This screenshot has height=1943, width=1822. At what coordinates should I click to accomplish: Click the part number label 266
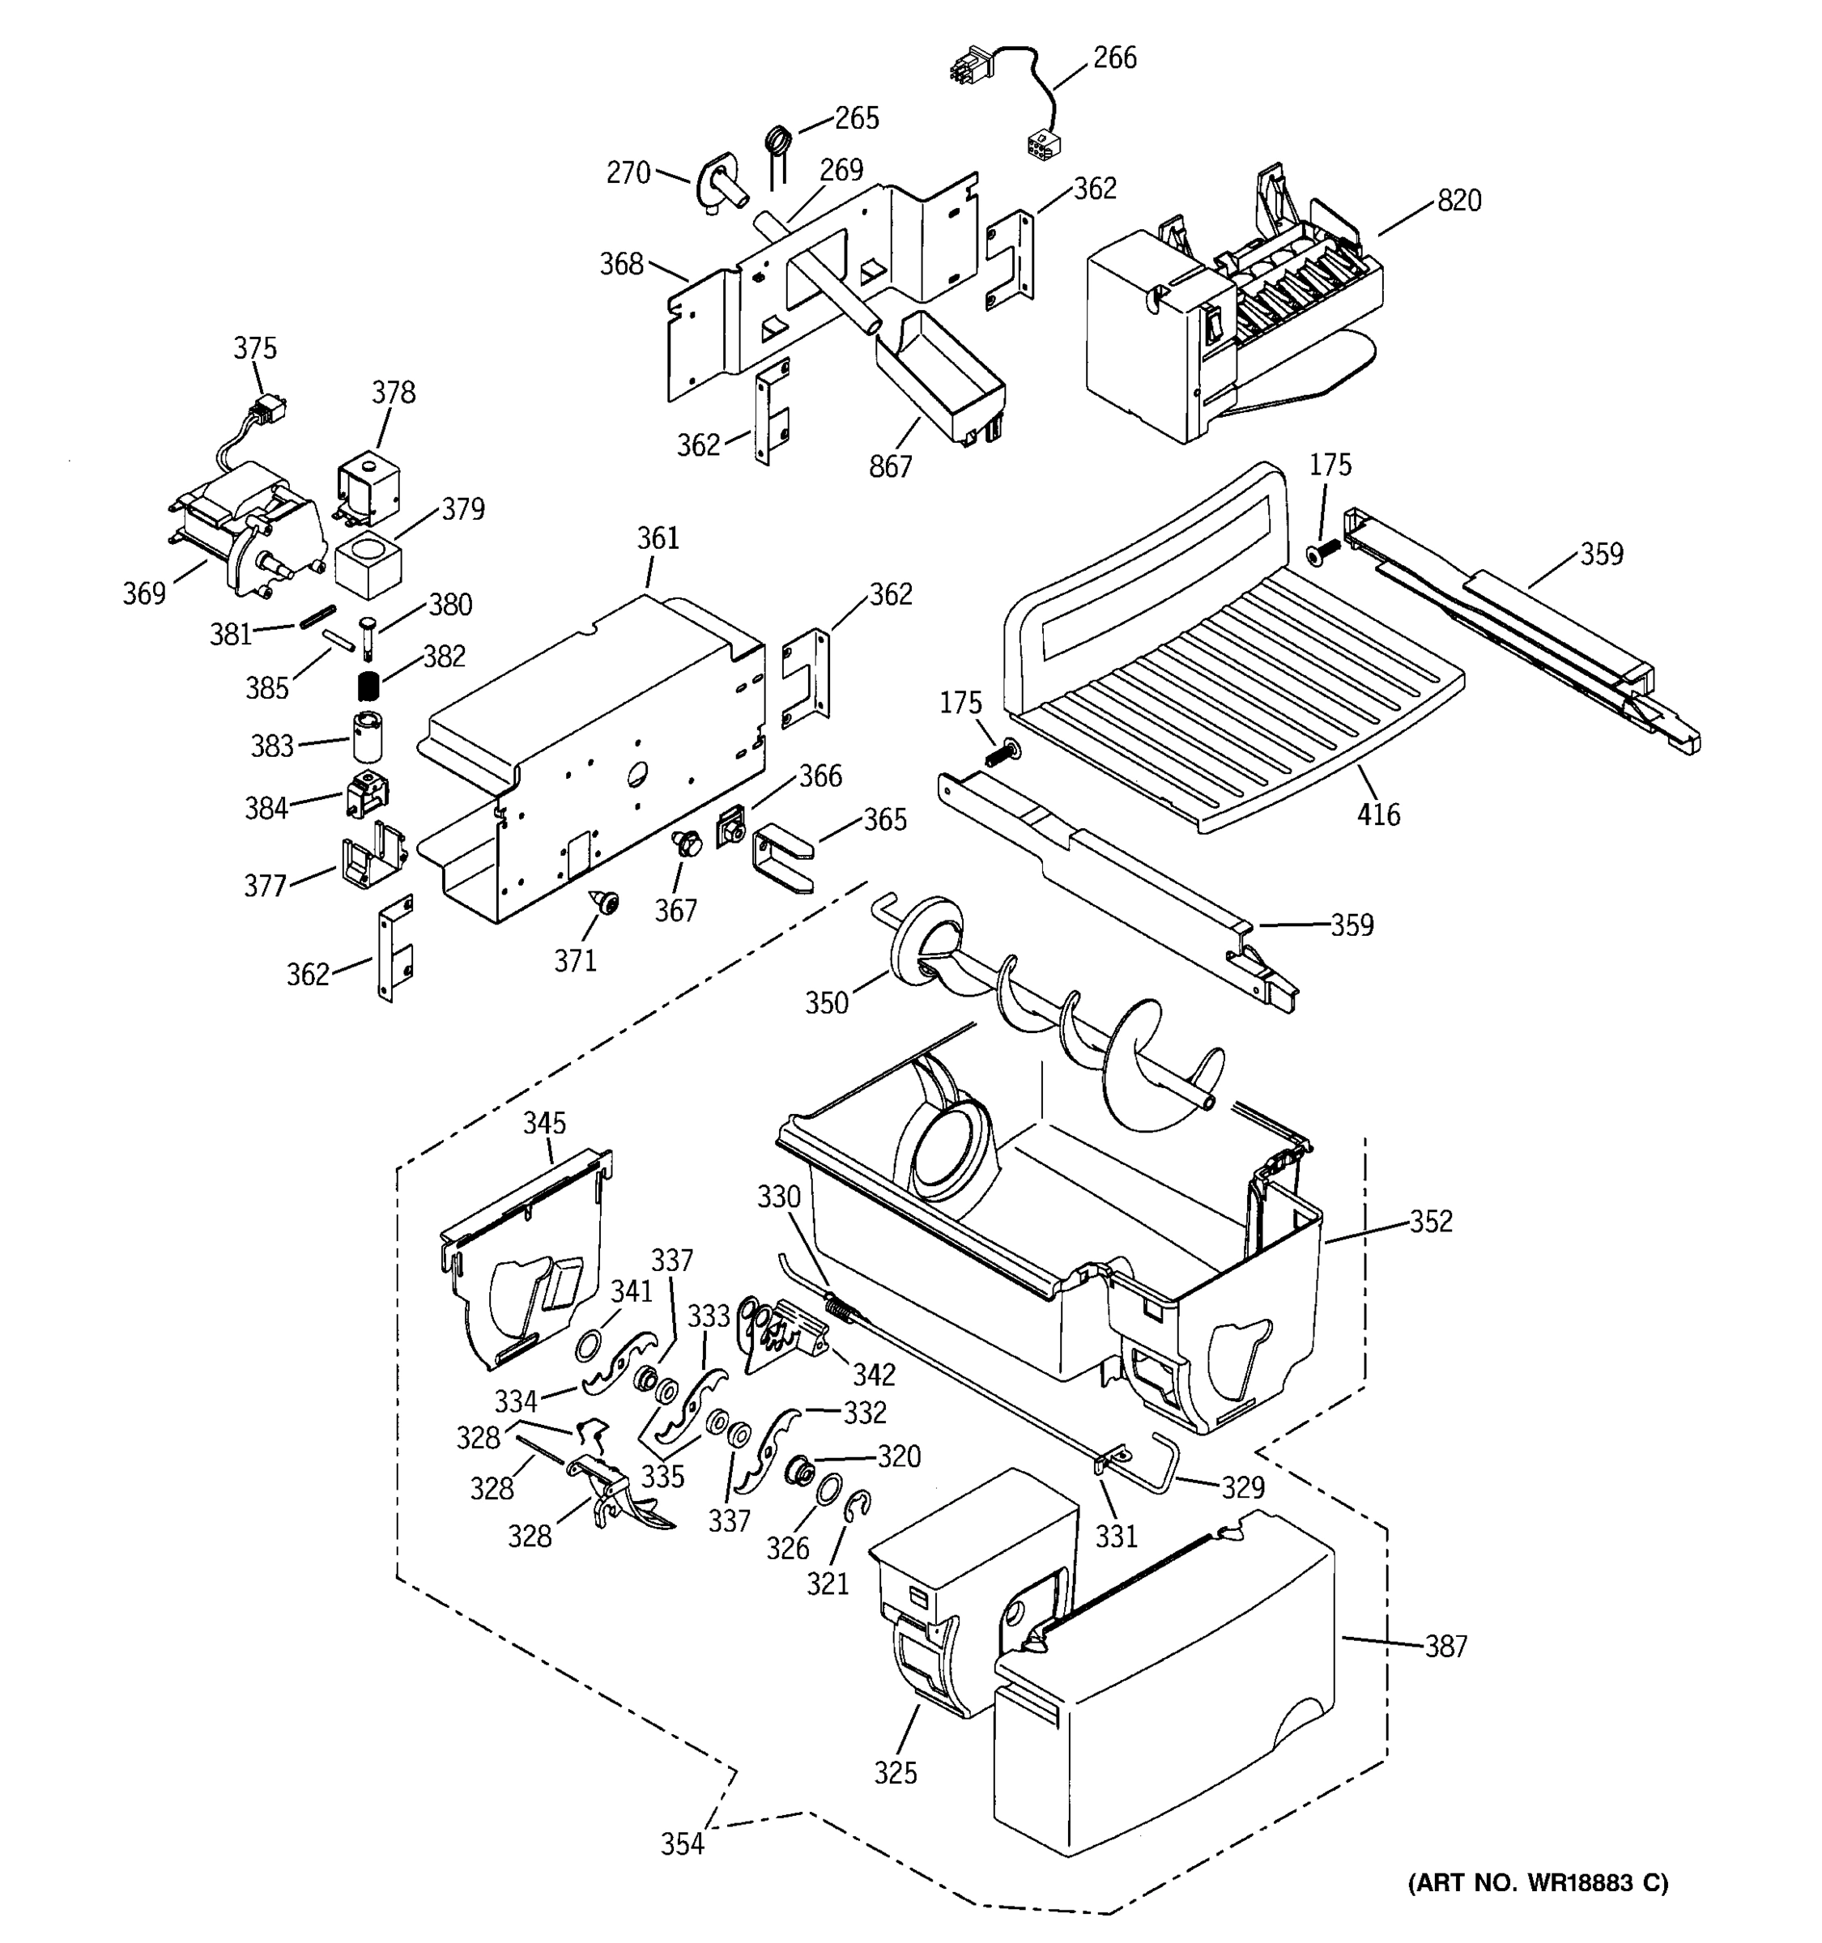coord(1114,58)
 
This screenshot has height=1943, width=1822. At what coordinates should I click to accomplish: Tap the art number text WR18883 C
coord(1538,1882)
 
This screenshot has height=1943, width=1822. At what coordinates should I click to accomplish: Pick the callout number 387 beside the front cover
coord(1445,1647)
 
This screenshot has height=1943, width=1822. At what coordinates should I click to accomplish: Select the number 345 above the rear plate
coord(544,1123)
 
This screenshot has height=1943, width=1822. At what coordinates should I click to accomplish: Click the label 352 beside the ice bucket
coord(1431,1221)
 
